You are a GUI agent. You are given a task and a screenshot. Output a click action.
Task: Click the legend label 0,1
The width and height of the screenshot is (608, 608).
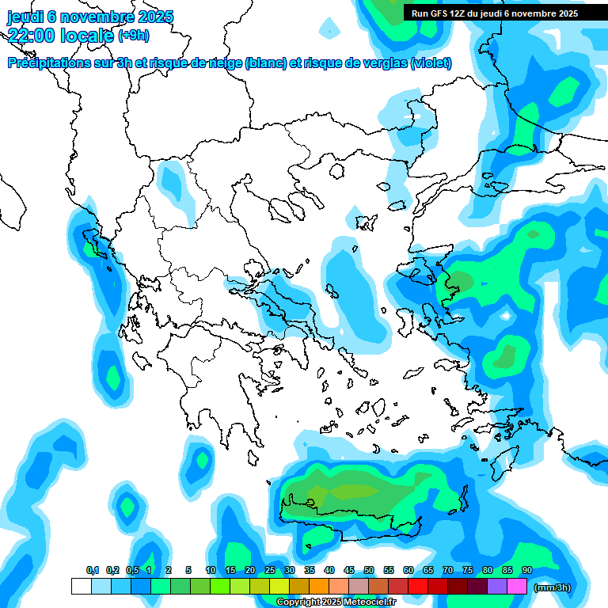[92, 570]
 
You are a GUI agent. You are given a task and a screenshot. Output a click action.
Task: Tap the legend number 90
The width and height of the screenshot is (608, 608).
[527, 570]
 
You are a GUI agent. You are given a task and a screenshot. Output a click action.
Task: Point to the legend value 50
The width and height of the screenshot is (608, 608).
[369, 570]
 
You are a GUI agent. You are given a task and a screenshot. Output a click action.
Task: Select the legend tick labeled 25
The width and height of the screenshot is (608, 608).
[270, 570]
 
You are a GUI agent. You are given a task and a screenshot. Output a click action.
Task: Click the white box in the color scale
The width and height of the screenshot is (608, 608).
[81, 586]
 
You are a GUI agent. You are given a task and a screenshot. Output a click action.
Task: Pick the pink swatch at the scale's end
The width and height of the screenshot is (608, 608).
[518, 586]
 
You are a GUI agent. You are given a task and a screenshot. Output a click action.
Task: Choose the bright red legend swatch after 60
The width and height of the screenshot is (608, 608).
[418, 586]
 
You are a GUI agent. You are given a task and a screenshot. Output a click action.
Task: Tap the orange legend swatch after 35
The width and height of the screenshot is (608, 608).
[319, 586]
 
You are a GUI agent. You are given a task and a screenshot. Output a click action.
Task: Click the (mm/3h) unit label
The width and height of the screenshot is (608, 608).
[553, 587]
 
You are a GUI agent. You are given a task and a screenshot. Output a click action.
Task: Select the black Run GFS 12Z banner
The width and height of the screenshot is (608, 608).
[495, 13]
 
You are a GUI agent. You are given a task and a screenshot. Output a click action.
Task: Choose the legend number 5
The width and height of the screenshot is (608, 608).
[188, 570]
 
